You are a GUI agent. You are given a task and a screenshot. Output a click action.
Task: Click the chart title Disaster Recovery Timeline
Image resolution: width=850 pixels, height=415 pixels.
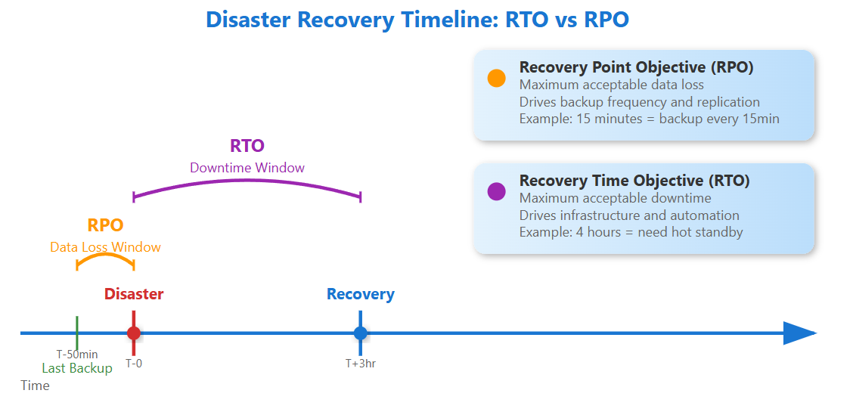417,20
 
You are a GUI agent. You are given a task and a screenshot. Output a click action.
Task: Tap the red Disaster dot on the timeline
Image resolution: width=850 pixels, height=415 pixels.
134,333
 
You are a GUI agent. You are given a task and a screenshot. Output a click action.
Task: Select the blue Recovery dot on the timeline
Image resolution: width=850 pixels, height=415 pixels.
361,333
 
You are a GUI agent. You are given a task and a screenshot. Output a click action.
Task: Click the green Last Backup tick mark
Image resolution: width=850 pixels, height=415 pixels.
77,332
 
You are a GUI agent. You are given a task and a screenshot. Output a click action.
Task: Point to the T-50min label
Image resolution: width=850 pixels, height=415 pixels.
77,354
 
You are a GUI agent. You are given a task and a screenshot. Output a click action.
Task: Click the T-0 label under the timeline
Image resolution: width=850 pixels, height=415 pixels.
134,364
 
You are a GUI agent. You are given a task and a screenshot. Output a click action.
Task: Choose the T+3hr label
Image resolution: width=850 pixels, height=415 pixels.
361,364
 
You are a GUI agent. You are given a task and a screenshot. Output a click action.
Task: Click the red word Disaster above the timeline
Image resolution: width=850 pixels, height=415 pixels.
134,294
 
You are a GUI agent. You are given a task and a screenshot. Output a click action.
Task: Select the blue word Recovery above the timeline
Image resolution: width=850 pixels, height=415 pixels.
361,294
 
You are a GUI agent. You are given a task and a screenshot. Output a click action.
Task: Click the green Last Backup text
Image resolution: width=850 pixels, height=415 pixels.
77,368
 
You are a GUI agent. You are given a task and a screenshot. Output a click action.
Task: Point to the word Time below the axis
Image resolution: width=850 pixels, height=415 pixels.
35,386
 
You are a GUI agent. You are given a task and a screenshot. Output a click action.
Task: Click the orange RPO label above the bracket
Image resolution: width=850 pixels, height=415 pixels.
105,225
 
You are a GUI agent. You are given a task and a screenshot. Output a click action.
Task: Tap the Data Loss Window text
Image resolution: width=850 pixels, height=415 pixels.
105,247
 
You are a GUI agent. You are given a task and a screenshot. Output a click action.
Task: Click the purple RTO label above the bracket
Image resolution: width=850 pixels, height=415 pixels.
247,146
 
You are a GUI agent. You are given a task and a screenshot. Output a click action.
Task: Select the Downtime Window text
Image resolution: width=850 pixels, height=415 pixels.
247,168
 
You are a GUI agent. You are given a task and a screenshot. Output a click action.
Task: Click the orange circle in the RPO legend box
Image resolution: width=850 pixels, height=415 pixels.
496,78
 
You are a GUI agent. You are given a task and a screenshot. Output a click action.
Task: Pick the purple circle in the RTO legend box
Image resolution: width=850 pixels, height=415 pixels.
496,191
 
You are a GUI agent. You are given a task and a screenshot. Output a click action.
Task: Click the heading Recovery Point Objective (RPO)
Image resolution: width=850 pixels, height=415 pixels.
636,67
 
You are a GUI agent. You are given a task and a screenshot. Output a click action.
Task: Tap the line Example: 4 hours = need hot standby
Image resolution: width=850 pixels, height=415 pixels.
631,232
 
